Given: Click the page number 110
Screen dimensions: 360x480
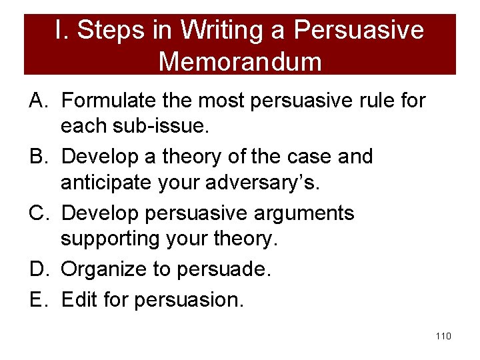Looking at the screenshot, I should tap(443, 336).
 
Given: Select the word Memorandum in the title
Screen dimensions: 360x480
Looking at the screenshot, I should tap(240, 61).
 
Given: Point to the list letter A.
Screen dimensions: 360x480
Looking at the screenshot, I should tap(38, 101).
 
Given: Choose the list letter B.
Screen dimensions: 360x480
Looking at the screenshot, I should tap(38, 157).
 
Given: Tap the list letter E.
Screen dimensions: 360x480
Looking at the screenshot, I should tap(38, 300).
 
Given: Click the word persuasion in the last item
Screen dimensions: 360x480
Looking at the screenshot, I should tap(189, 300).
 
